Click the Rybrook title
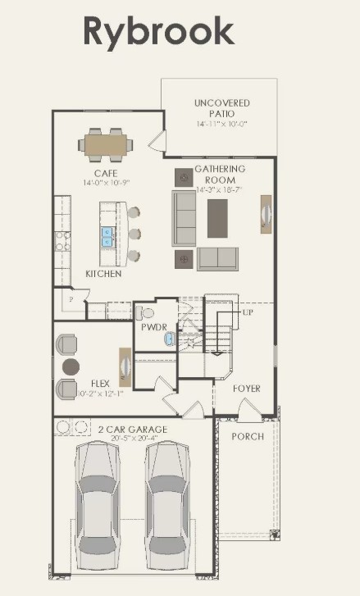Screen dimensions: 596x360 pyautogui.click(x=157, y=32)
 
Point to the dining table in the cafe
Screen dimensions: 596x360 pyautogui.click(x=106, y=146)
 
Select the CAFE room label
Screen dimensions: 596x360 pyautogui.click(x=105, y=173)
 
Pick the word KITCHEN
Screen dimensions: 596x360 pyautogui.click(x=103, y=274)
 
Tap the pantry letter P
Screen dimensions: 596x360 pyautogui.click(x=71, y=301)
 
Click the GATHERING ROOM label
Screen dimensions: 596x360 pyautogui.click(x=215, y=175)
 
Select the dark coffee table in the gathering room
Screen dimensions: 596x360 pyautogui.click(x=217, y=218)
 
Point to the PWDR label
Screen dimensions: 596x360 pyautogui.click(x=153, y=326)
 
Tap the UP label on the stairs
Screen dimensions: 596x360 pyautogui.click(x=248, y=313)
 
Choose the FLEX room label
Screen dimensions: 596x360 pyautogui.click(x=101, y=382)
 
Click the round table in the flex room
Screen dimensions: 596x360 pyautogui.click(x=72, y=366)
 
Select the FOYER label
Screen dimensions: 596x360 pyautogui.click(x=246, y=389)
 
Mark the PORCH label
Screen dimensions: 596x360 pyautogui.click(x=247, y=436)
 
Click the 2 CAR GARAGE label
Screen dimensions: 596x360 pyautogui.click(x=132, y=430)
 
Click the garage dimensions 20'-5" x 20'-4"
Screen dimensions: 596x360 pyautogui.click(x=132, y=439)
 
